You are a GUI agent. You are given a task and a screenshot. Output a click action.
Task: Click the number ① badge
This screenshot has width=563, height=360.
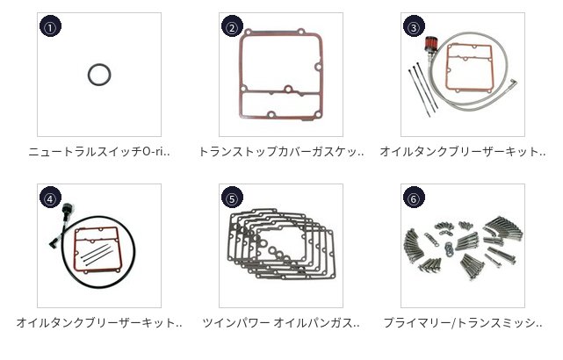[50, 26]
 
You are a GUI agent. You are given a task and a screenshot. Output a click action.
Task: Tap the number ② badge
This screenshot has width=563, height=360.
[232, 26]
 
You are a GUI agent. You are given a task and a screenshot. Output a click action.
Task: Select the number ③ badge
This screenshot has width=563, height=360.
[414, 26]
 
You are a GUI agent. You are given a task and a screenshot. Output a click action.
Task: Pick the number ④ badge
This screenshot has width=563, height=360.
[50, 198]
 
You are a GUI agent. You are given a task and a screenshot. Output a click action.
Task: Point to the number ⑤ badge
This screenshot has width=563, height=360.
[232, 198]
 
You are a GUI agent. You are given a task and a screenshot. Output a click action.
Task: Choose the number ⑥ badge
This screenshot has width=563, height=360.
[414, 198]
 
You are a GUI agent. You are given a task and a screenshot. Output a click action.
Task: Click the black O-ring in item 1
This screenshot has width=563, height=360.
[89, 75]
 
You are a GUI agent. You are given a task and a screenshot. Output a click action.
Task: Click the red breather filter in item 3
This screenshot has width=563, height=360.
[429, 43]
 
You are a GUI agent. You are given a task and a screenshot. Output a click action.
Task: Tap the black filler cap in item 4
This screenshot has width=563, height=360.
[68, 209]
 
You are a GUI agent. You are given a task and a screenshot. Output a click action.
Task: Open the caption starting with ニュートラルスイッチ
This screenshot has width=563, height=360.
[99, 152]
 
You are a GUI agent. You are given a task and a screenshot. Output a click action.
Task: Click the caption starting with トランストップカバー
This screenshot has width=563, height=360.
[281, 152]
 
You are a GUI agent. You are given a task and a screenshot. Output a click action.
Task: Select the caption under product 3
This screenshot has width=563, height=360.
[463, 152]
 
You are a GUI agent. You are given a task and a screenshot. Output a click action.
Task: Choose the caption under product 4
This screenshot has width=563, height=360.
[99, 322]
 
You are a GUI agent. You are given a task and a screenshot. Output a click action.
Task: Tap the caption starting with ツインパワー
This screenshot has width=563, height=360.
[281, 322]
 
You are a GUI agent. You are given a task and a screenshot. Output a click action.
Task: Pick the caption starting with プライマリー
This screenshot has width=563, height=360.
[463, 322]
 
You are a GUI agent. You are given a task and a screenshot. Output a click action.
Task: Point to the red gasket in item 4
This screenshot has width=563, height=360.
[75, 251]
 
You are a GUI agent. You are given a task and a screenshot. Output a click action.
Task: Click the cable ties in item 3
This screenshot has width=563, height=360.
[422, 89]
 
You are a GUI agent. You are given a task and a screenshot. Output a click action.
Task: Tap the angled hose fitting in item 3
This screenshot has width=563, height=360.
[514, 84]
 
